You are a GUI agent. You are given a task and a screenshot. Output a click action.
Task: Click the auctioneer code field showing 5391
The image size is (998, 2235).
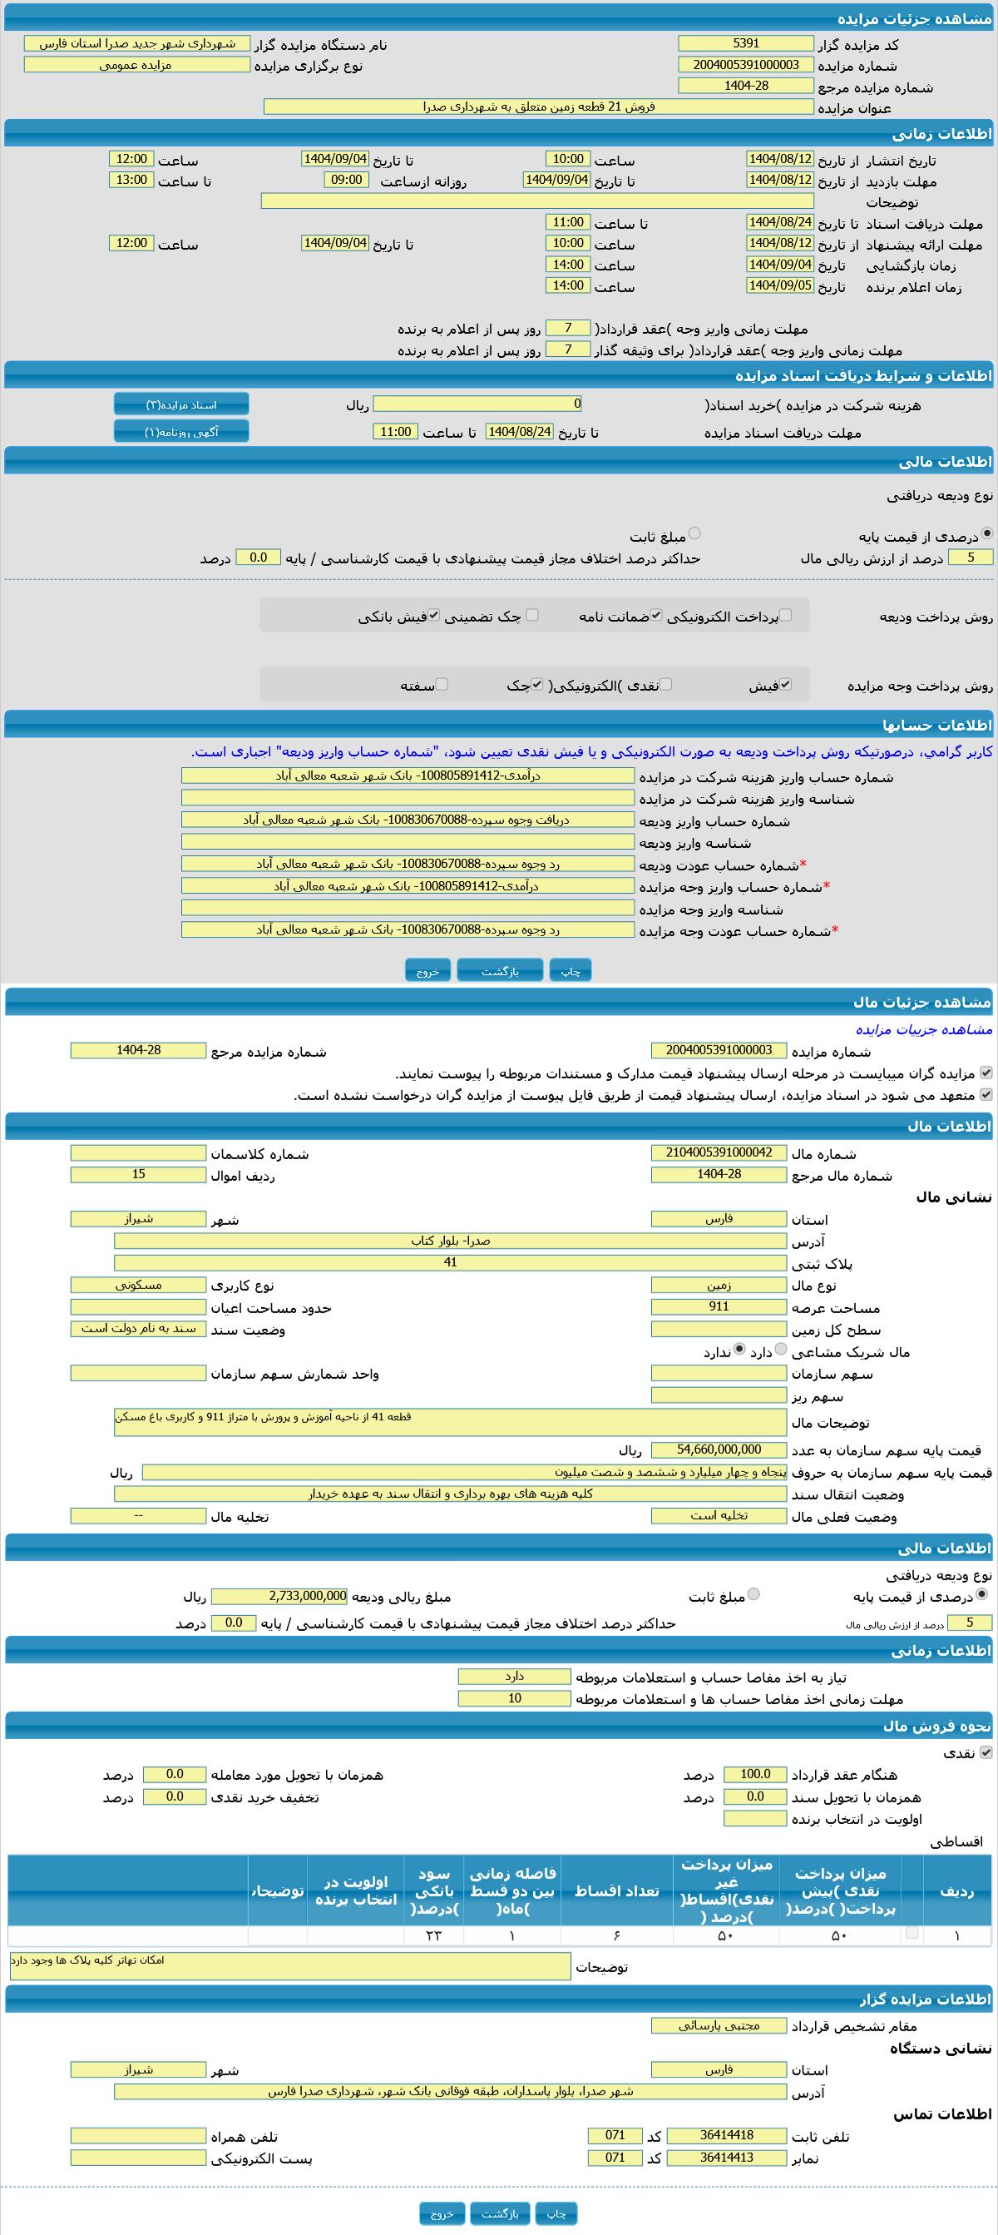pos(746,43)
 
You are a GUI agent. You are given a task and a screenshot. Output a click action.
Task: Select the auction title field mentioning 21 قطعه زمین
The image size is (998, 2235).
pos(538,107)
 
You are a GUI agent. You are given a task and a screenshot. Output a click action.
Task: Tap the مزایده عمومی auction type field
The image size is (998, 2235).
pos(136,65)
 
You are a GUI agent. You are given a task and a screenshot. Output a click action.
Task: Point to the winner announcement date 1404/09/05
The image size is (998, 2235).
pos(779,285)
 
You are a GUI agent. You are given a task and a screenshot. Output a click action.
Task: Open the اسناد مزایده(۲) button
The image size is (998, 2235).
pos(181,405)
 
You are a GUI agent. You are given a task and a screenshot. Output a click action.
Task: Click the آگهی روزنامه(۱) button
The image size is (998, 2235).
pos(181,432)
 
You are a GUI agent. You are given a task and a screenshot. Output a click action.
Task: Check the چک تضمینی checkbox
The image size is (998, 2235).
pos(532,615)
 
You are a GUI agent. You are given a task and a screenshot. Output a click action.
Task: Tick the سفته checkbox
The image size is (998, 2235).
pos(442,685)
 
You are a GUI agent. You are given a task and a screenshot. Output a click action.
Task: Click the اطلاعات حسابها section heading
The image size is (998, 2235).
pos(937,726)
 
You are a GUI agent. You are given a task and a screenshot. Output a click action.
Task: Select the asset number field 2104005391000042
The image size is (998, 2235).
pos(718,1152)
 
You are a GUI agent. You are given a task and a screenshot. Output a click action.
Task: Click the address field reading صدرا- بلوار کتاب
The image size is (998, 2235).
pos(449,1241)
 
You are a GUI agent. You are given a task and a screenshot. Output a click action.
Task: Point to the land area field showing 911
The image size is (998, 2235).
pos(718,1306)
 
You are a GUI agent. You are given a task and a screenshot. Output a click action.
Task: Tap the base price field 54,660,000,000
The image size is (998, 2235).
pos(718,1449)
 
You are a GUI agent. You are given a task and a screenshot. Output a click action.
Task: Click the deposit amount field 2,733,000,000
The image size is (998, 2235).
pos(279,1596)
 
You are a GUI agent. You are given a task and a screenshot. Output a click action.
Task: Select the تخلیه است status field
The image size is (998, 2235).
pos(718,1515)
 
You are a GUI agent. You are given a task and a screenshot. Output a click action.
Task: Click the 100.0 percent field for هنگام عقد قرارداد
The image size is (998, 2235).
pos(754,1774)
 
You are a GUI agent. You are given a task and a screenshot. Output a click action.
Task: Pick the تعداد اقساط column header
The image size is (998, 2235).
pos(616,1891)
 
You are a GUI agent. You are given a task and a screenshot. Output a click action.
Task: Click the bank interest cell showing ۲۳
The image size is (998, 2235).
pos(433,1935)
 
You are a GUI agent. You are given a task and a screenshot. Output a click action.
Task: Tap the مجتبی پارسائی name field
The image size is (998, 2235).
pos(718,2025)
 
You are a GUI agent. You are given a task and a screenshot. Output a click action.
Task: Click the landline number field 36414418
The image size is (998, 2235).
pos(726,2135)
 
